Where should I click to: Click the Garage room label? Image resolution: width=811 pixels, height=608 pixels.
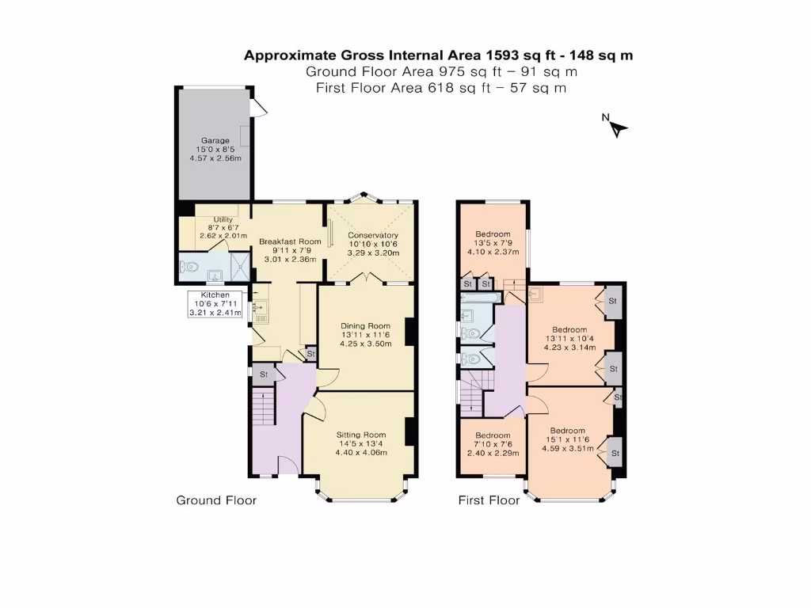tap(215, 150)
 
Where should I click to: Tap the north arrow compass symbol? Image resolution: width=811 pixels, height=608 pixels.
tap(616, 126)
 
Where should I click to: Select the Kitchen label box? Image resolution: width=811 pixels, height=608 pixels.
tap(215, 304)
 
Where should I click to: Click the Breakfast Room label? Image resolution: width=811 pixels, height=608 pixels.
tap(290, 249)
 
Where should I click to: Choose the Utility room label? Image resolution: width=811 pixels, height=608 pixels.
tap(215, 227)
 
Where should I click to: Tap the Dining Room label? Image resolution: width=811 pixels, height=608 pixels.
tap(365, 334)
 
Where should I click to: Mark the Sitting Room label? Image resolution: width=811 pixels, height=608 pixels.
tap(361, 443)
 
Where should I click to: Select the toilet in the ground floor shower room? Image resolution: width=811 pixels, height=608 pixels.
tap(187, 268)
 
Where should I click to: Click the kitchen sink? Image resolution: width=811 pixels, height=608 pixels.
tap(259, 310)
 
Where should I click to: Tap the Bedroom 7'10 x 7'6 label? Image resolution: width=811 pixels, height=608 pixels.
tap(492, 445)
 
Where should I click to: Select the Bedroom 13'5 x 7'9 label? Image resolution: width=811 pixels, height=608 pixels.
tap(492, 243)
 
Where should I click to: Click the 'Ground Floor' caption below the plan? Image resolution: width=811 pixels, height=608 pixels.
tap(216, 500)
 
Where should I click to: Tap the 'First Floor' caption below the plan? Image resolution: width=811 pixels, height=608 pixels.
tap(489, 500)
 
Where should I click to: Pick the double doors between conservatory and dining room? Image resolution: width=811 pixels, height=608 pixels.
tap(365, 278)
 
